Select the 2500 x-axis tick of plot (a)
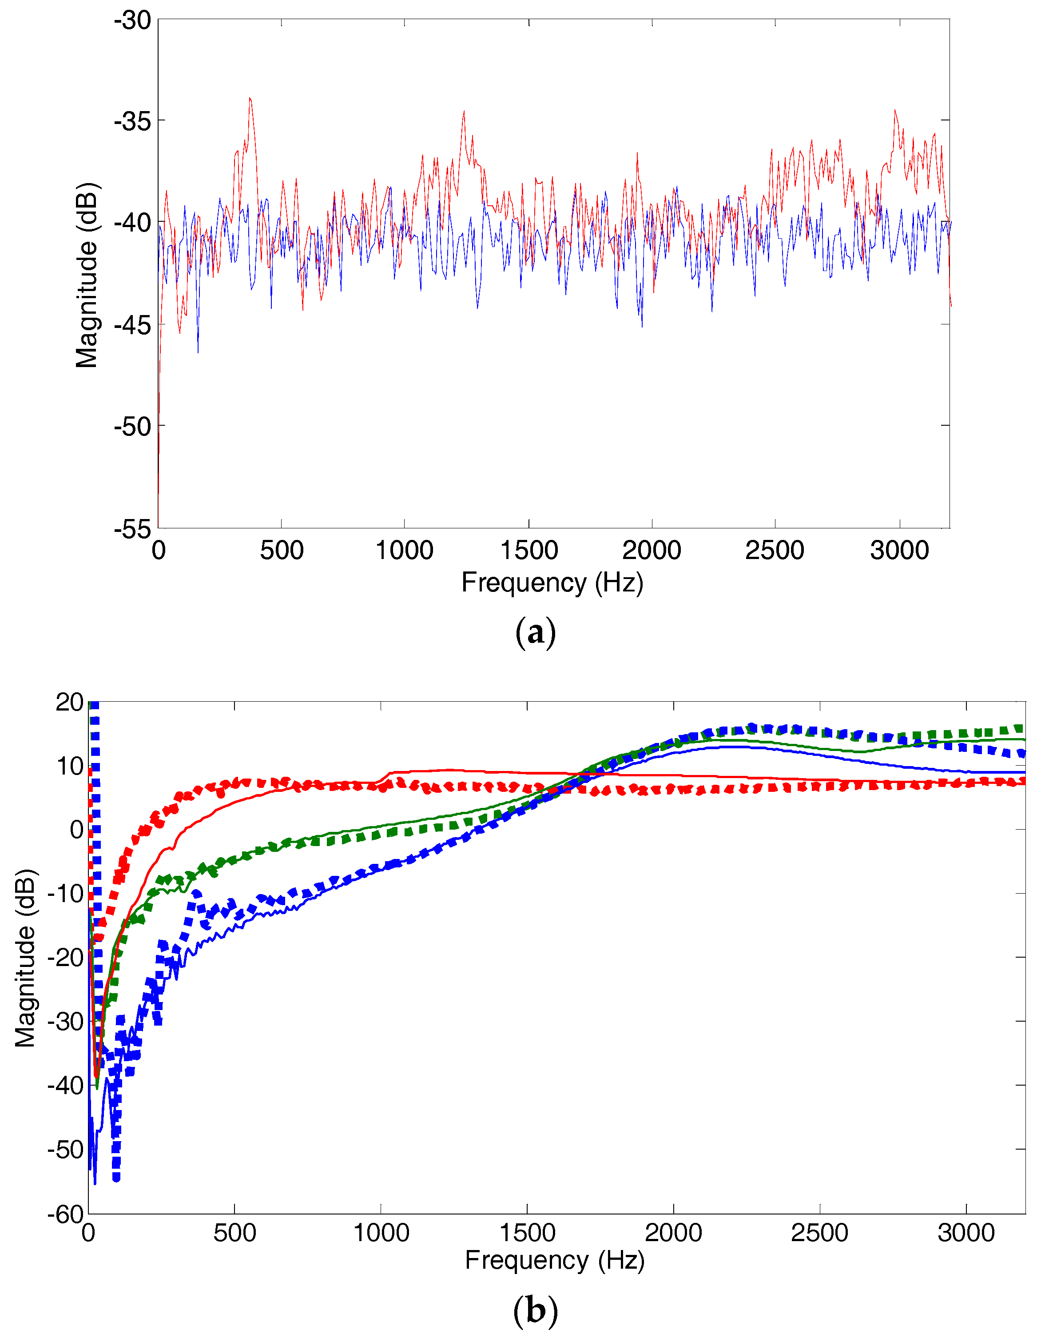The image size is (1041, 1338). (x=774, y=550)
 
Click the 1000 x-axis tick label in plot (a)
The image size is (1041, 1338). (x=404, y=550)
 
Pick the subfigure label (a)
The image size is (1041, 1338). (x=535, y=631)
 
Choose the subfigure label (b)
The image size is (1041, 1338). (x=535, y=1310)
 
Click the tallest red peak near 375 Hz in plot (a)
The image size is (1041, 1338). (x=250, y=98)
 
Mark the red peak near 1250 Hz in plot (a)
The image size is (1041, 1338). (x=464, y=112)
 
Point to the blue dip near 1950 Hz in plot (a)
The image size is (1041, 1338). (x=642, y=326)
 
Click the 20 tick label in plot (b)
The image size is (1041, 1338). (x=69, y=702)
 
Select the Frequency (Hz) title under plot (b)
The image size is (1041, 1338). (x=554, y=1260)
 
